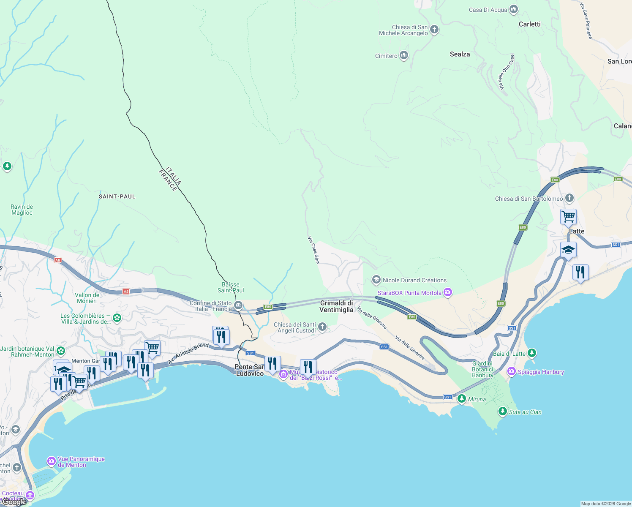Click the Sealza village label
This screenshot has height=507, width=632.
(460, 54)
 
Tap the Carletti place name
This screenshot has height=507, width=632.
(529, 24)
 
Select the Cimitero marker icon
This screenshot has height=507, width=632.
(404, 55)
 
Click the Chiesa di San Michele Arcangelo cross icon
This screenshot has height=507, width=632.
(434, 30)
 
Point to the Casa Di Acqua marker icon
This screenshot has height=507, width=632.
(514, 9)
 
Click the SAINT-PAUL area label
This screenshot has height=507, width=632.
(117, 196)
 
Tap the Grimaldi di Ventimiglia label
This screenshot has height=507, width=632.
(336, 306)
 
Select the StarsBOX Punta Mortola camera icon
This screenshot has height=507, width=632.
(448, 292)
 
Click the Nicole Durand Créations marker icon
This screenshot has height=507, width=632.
(376, 280)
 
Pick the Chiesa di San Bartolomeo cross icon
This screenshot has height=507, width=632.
(569, 198)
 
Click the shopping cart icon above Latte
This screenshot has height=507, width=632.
(568, 217)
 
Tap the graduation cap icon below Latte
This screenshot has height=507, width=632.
(568, 250)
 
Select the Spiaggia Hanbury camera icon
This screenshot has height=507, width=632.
(512, 371)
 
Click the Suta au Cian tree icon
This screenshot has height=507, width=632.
(502, 411)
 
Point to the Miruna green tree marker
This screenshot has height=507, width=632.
(462, 398)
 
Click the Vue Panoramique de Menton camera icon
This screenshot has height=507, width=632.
(51, 461)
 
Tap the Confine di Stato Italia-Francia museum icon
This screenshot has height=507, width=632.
(238, 305)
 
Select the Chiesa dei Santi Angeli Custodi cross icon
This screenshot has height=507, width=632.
(322, 327)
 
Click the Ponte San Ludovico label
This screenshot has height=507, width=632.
(250, 370)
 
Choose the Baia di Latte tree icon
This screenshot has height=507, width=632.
(532, 353)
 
